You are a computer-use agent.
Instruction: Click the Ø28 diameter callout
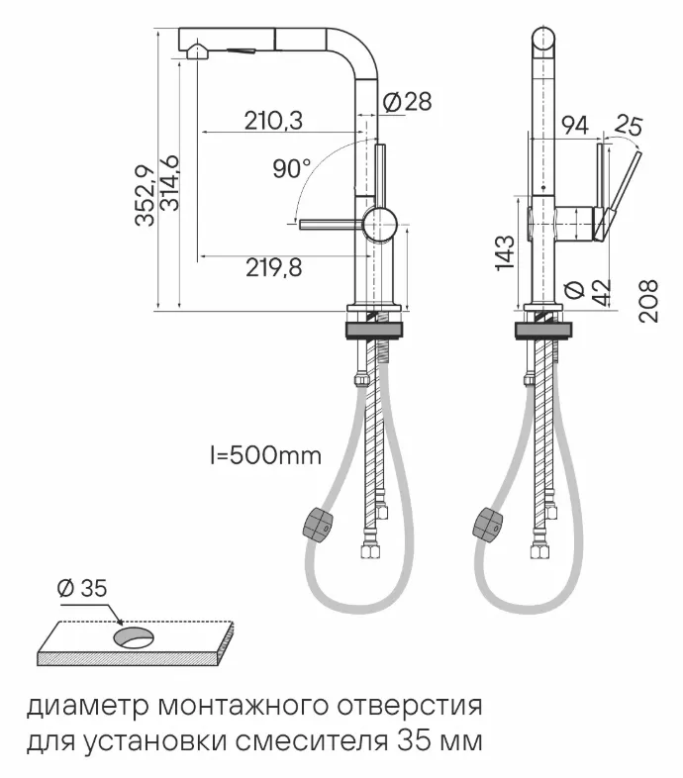(406, 101)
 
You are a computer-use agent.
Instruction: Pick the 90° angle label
(292, 168)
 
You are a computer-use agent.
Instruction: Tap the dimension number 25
(628, 126)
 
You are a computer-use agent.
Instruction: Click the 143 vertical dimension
(504, 253)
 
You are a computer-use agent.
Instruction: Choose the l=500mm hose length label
(265, 456)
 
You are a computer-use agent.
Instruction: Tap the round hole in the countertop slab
(134, 637)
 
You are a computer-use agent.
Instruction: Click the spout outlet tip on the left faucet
(196, 53)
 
